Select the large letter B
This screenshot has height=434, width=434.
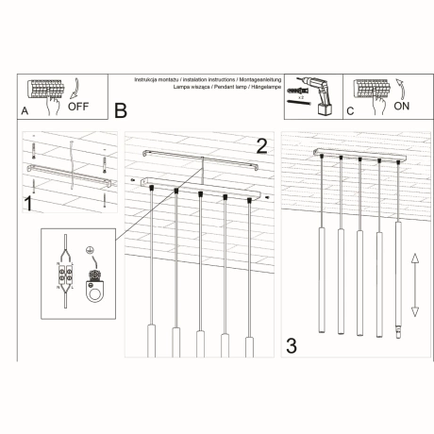[x=120, y=110]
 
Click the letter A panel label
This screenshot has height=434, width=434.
[x=25, y=111]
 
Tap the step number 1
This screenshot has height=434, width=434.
[x=28, y=202]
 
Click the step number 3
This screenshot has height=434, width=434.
[x=292, y=346]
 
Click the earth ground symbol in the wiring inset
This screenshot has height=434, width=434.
[x=91, y=251]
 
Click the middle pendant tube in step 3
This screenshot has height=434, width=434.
[x=359, y=282]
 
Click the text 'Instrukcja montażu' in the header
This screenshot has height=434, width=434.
[x=157, y=79]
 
